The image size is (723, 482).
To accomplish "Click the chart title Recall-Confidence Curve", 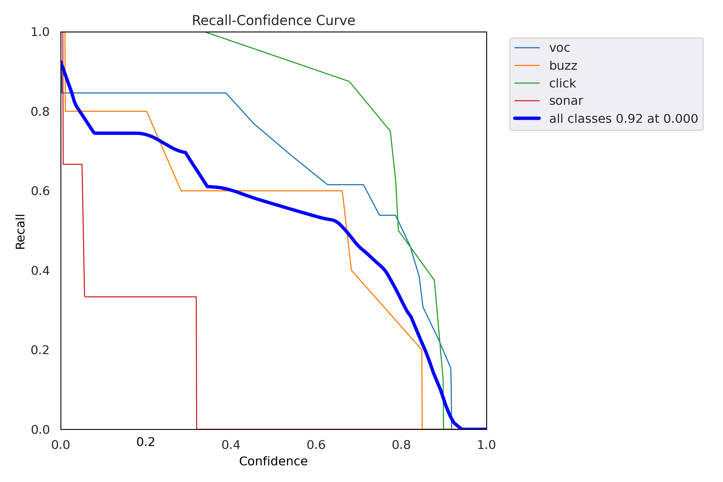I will point(273,21).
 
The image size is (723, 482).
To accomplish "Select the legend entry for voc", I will point(559,48).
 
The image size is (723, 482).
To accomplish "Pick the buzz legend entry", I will point(563,66).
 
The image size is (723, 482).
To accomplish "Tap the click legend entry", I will point(562,83).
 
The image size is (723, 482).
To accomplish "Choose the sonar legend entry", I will point(566,101).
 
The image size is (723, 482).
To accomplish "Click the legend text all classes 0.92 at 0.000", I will point(623,119).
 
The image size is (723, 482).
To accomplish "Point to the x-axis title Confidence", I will point(273,461).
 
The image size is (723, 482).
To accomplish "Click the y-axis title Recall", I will point(20,231).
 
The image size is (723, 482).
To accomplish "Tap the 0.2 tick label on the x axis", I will point(146,442).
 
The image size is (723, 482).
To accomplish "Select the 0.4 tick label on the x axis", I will point(231,445).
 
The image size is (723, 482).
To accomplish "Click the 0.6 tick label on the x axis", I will point(316,445).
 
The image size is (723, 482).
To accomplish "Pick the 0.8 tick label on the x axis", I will point(401,445).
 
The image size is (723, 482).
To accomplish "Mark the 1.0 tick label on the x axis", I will point(486,445).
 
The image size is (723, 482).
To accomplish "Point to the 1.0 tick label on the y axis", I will point(40,32).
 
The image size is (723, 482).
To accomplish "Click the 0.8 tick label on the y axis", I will point(40,112).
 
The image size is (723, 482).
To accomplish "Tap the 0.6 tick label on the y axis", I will point(40,191).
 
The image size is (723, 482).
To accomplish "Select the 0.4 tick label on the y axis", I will point(40,271).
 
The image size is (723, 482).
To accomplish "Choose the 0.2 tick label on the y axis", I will point(40,350).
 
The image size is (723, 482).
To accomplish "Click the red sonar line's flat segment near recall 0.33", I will point(141,297).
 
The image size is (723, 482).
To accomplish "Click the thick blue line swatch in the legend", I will point(527,119).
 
